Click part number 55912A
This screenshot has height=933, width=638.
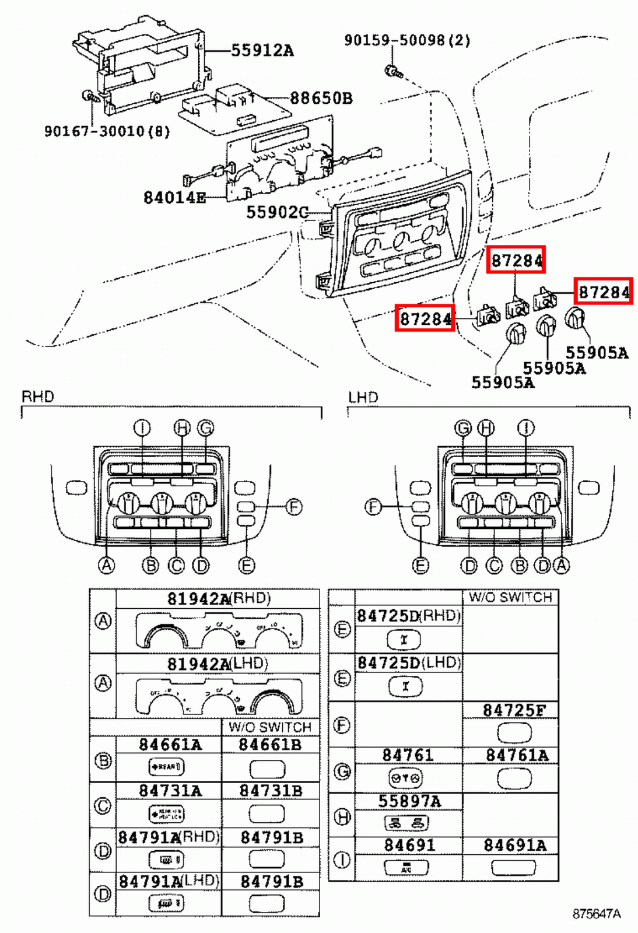(262, 51)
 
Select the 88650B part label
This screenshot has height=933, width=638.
(321, 98)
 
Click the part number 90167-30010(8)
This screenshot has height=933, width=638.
(107, 131)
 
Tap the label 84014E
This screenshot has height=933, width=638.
(174, 198)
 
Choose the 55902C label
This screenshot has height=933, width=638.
(276, 212)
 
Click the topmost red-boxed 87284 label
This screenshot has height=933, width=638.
(517, 260)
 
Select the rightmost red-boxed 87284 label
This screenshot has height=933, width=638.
(604, 291)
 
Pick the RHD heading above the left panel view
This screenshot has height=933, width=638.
(38, 397)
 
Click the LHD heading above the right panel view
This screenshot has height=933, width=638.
(363, 398)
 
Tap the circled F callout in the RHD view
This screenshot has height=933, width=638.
(294, 507)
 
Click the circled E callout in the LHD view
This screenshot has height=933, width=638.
(420, 565)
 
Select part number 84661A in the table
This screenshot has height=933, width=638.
(170, 745)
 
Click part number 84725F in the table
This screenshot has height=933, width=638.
(514, 710)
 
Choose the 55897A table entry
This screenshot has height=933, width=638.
(409, 801)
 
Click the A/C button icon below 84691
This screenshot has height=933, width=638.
(406, 868)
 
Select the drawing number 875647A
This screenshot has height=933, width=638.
(596, 914)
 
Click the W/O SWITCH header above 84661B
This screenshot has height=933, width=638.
(270, 727)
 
